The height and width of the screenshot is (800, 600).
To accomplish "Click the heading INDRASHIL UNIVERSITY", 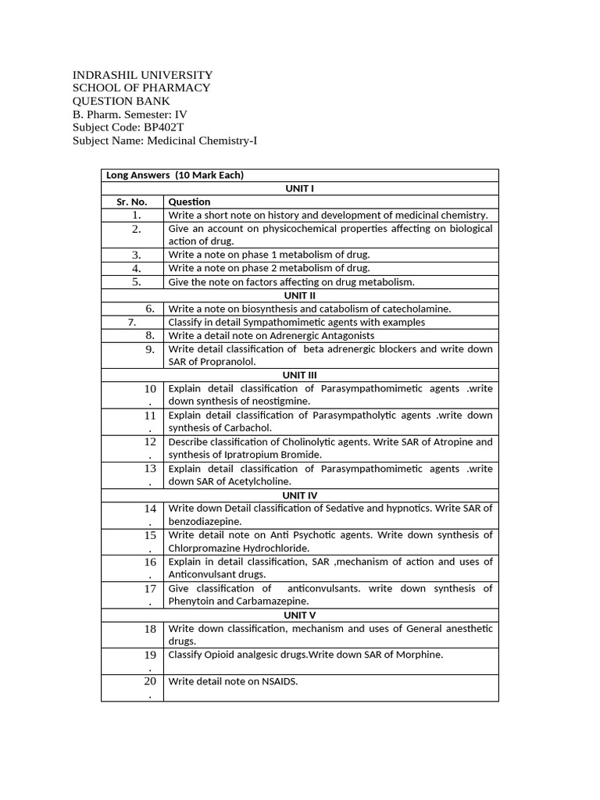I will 142,74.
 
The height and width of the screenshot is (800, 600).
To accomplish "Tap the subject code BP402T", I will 164,127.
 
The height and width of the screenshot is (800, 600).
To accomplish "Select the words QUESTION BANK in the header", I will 121,101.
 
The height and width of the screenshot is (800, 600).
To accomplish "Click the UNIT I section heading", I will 300,188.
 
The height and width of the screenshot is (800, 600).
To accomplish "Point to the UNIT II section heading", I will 300,295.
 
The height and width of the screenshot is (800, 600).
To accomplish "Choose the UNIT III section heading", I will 300,375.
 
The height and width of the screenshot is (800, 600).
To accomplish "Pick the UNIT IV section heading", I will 300,495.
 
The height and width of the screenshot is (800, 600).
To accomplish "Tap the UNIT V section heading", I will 300,615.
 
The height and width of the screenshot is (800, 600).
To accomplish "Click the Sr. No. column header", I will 132,202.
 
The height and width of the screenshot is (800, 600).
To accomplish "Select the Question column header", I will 189,202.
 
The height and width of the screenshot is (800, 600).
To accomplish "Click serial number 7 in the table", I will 132,322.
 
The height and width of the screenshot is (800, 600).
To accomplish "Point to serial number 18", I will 150,629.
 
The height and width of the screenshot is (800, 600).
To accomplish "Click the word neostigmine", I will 283,402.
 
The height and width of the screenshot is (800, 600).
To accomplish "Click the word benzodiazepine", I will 205,521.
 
